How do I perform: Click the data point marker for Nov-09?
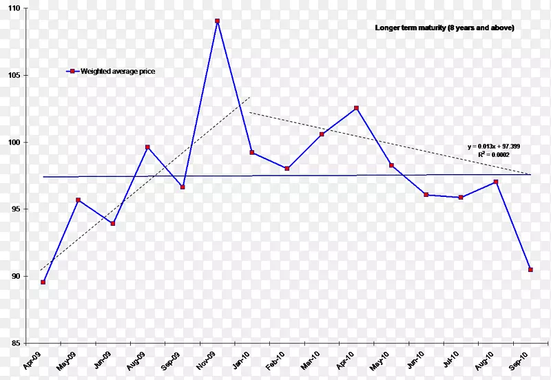(217, 21)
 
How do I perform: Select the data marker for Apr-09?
(43, 282)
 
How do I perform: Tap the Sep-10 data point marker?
(530, 270)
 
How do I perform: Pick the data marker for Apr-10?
(356, 108)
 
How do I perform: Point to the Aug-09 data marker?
(147, 147)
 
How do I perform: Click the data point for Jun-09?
(113, 224)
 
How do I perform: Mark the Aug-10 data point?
(495, 182)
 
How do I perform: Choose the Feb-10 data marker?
(287, 169)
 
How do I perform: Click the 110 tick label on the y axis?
(14, 8)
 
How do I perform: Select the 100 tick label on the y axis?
(14, 142)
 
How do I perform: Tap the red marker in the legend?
(72, 71)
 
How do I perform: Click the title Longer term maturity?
(444, 28)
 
